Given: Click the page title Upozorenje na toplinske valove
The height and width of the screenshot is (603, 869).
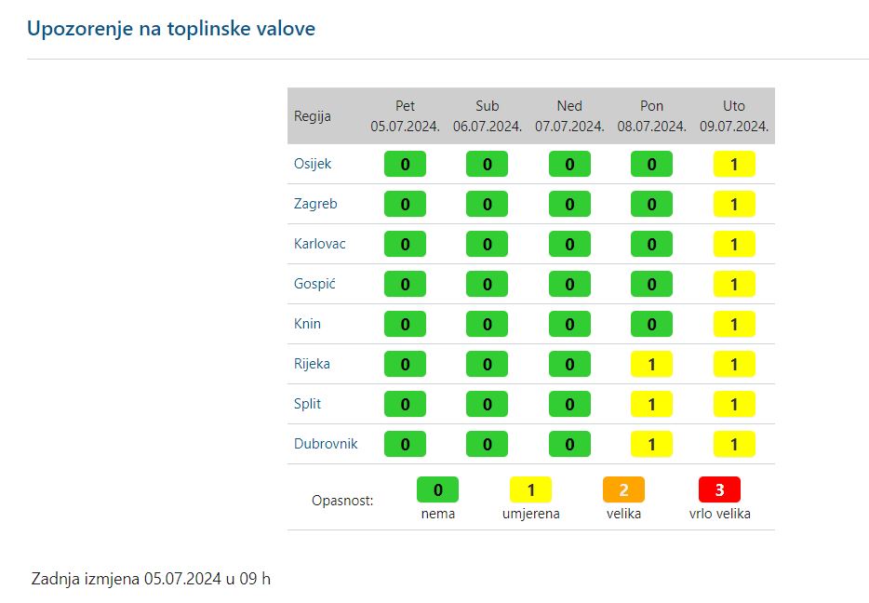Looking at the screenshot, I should (x=171, y=29).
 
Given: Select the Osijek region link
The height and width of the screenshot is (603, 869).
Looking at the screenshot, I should (x=313, y=164).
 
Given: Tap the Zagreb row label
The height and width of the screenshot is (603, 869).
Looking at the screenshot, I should (x=315, y=204).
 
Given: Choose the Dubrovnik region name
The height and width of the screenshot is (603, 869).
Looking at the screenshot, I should (x=326, y=444).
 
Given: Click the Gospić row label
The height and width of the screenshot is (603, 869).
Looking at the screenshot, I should (x=314, y=284).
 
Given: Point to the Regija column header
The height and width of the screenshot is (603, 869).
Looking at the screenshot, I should (x=312, y=116).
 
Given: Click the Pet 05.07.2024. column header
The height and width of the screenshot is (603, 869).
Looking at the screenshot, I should (x=405, y=116).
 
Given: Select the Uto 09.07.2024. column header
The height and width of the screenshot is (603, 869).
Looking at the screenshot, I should (x=734, y=116).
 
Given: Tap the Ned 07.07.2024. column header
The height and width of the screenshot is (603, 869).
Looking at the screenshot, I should (x=569, y=116).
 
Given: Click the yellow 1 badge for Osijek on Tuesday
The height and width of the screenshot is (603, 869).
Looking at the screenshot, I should (x=734, y=165).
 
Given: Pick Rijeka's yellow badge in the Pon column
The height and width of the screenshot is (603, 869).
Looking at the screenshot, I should (x=652, y=365).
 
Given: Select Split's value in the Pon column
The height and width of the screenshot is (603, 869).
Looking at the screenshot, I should (x=652, y=405).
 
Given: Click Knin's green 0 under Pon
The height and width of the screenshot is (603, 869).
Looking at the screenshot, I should (x=652, y=325).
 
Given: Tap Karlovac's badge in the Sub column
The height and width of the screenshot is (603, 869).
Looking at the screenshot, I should (x=488, y=245).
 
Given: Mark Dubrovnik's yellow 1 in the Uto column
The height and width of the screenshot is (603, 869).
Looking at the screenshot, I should (x=734, y=445).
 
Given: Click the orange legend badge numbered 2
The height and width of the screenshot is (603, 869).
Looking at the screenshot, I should (x=623, y=489).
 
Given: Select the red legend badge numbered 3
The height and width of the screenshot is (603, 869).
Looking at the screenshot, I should (x=719, y=489).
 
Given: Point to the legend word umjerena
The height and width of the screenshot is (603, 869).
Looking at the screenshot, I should (x=531, y=514).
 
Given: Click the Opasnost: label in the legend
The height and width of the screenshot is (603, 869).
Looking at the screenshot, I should (x=342, y=501).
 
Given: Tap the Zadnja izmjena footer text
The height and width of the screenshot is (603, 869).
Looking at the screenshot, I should (x=151, y=579).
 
